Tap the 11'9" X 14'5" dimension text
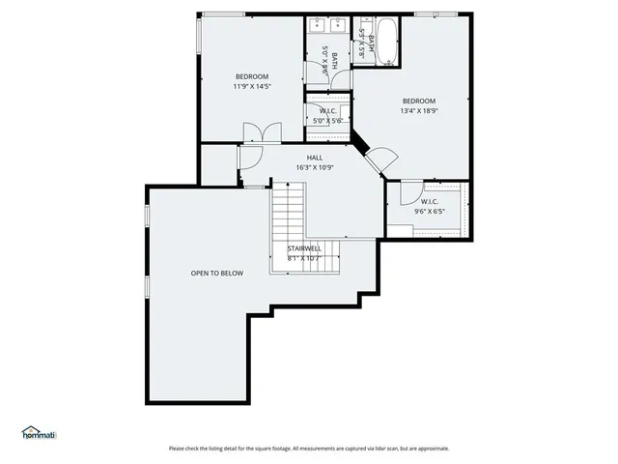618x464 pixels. (252, 86)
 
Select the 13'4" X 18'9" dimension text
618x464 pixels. (419, 111)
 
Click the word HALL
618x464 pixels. (315, 158)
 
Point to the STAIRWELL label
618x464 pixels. (304, 248)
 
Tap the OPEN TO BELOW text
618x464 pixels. (216, 273)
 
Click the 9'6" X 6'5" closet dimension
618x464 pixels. (430, 211)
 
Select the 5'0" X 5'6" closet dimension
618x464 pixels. (327, 121)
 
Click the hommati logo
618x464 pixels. (40, 434)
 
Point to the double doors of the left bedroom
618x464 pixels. (261, 134)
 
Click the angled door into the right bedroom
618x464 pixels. (381, 158)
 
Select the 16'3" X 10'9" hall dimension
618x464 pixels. (315, 167)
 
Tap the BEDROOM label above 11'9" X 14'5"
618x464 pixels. (252, 76)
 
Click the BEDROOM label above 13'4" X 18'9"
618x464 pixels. (419, 101)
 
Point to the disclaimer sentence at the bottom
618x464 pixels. (309, 449)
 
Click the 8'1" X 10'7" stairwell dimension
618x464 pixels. (304, 258)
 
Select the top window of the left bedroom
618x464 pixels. (222, 14)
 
